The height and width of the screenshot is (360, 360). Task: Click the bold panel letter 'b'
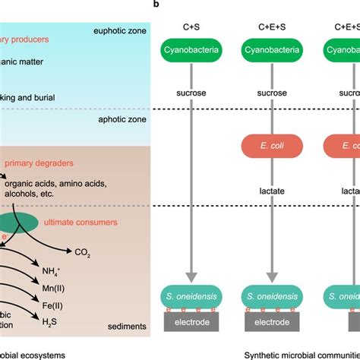click(x=156, y=4)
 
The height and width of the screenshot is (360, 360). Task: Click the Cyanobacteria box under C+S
click(x=191, y=52)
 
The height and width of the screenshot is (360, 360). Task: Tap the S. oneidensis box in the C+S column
click(x=191, y=297)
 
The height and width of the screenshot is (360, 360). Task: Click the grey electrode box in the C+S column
click(x=191, y=321)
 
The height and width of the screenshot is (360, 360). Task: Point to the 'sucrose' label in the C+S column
click(x=191, y=99)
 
